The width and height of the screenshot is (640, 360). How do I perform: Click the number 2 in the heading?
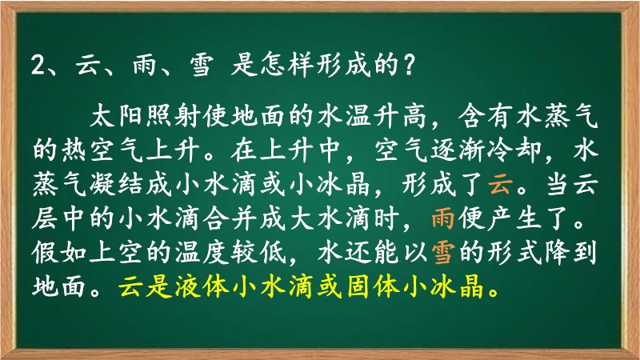38,65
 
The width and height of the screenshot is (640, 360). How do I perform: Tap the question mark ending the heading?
408,65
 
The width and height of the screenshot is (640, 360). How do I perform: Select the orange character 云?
501,184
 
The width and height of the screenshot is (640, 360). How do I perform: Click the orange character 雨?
443,218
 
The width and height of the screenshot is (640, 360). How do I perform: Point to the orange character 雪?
443,253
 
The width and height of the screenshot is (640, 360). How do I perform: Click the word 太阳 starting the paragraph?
115,116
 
